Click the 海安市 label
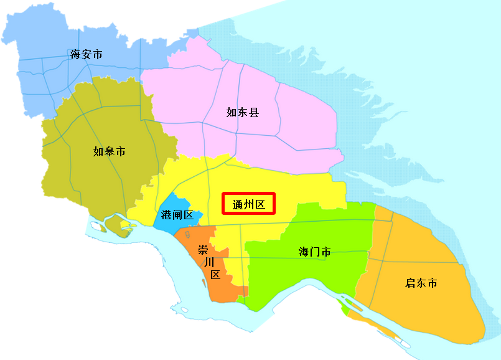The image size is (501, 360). tap(87, 55)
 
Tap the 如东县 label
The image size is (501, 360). tap(243, 113)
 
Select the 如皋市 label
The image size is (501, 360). tap(109, 151)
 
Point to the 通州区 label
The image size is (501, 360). tap(248, 204)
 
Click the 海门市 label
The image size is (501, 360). tap(314, 252)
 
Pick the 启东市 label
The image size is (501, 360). tap(421, 283)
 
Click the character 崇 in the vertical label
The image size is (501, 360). tap(203, 250)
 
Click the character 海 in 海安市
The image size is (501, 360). tap(76, 55)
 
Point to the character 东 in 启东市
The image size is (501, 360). tap(421, 283)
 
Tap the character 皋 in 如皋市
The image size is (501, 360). tap(109, 151)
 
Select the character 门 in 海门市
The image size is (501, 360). tap(314, 252)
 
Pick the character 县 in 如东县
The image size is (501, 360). tap(254, 113)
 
